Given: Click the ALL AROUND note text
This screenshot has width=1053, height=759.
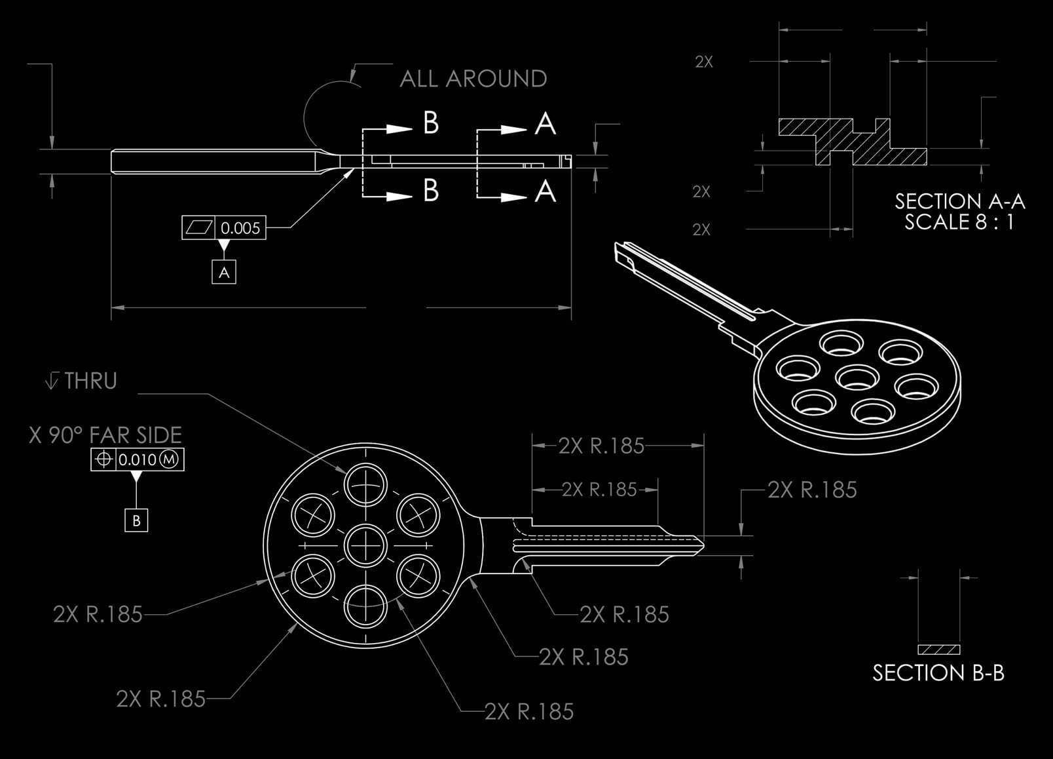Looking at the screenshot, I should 473,79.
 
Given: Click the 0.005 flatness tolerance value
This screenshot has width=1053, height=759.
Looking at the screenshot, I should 240,228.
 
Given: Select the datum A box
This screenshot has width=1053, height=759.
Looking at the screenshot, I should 224,272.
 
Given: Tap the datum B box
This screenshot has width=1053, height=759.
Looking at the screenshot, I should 136,520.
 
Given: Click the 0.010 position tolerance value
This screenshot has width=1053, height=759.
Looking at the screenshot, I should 138,459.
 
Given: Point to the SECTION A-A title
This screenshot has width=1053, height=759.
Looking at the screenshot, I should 959,201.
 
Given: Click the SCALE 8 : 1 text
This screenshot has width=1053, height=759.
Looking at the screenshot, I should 959,222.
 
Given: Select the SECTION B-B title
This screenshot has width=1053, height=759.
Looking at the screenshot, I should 938,672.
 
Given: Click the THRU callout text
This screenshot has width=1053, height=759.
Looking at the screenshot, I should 90,381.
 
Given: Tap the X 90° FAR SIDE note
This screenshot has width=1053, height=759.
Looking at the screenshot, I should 105,435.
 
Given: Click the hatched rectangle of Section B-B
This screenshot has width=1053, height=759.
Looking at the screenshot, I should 938,650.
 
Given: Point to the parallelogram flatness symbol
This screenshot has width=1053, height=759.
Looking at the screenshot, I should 199,228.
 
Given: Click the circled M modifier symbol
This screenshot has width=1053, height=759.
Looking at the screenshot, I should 170,459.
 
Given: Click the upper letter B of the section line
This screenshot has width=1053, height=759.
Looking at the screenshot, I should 430,123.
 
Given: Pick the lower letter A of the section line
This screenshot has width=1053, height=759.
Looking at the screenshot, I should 545,191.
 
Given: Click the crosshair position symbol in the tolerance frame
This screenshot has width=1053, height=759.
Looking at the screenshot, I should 103,459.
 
